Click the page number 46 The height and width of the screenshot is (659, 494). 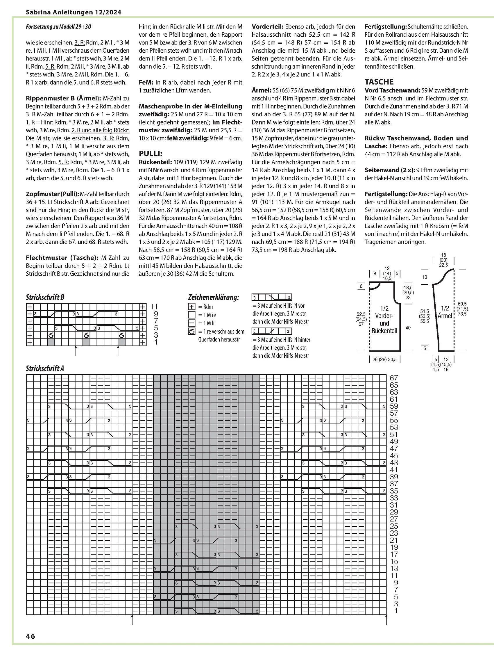click(31, 636)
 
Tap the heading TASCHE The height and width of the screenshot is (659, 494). click(379, 82)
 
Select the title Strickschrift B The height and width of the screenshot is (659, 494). click(45, 297)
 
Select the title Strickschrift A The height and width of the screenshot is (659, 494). click(45, 368)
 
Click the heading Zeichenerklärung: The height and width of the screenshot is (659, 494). click(213, 297)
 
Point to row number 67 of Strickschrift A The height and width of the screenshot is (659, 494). click(394, 378)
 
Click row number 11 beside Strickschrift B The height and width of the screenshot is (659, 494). click(154, 307)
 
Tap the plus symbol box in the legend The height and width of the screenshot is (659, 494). click(192, 307)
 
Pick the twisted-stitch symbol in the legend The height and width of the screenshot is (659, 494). click(192, 331)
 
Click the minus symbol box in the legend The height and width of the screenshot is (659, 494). click(192, 323)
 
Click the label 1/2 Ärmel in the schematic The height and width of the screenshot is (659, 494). click(445, 312)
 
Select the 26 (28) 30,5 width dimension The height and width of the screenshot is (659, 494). click(384, 359)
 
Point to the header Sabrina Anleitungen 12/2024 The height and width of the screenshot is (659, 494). click(74, 12)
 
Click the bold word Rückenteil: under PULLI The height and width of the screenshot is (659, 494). click(155, 162)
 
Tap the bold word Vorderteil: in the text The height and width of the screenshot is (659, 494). click(267, 27)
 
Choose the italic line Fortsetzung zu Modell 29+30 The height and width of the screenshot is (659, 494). click(58, 27)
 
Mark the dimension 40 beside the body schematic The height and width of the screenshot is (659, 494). click(408, 328)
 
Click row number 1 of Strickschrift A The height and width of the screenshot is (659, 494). click(396, 611)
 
